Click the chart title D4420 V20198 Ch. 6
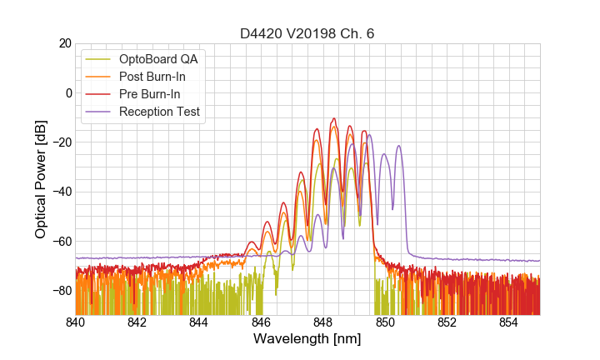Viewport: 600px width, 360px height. point(307,33)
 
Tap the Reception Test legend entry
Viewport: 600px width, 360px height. point(159,112)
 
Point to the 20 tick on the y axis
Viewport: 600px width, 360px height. point(62,43)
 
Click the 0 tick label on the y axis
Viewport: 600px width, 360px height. point(66,92)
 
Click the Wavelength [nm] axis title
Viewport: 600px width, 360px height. point(307,339)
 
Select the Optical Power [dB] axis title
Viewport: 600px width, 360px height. point(41,179)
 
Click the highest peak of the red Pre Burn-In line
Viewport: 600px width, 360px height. point(334,118)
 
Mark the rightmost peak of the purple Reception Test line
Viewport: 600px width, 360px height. point(399,146)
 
